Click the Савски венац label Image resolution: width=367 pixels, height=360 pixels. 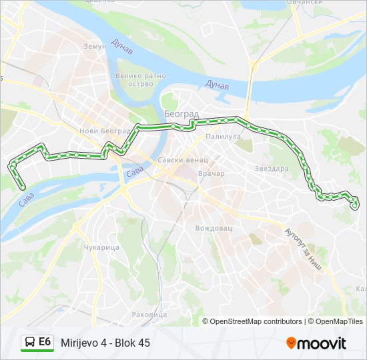[183, 161]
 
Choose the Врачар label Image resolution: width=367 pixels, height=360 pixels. [212, 173]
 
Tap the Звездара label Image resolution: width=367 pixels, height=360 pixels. [272, 169]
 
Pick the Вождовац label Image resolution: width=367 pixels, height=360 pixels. [214, 228]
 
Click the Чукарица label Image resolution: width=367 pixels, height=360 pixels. [102, 247]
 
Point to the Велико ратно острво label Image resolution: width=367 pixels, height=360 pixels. [140, 80]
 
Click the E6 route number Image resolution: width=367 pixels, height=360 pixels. [45, 342]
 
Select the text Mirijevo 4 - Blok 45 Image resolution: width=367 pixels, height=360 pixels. [105, 343]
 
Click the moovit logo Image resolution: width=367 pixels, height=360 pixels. [316, 343]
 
